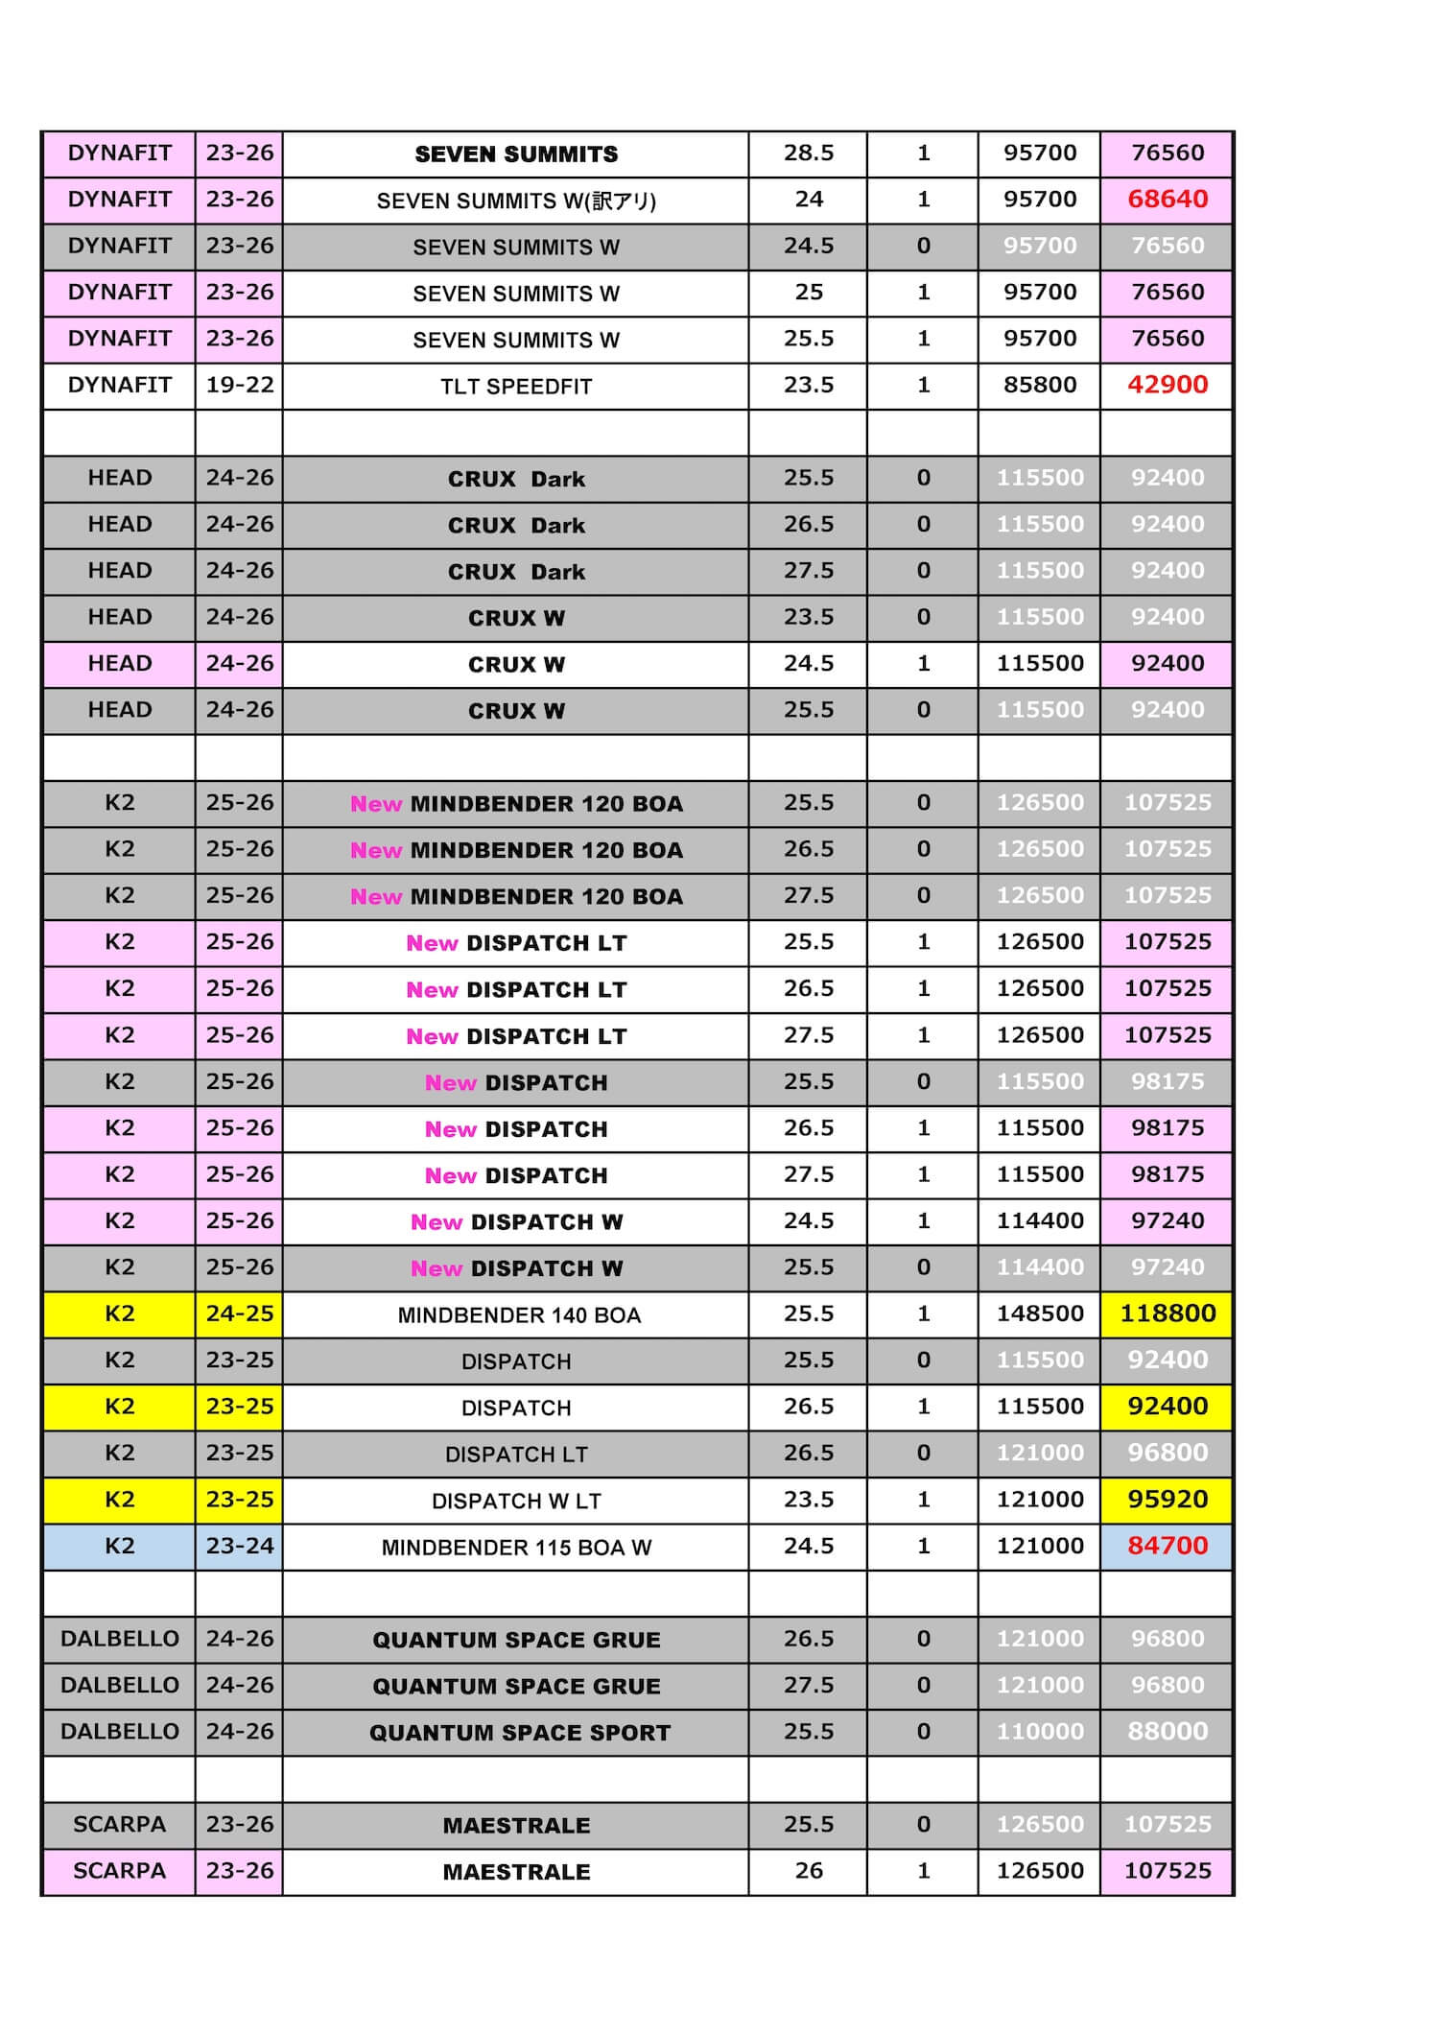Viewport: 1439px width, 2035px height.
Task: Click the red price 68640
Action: point(1167,200)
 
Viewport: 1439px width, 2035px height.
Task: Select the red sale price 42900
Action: point(1167,385)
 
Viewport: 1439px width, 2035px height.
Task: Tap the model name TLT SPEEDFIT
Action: point(516,387)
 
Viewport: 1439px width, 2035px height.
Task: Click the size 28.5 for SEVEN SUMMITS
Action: point(808,153)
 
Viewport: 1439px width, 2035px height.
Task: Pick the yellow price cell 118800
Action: point(1167,1313)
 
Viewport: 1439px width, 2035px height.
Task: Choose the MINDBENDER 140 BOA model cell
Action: point(518,1315)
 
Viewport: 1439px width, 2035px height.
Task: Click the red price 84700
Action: point(1167,1546)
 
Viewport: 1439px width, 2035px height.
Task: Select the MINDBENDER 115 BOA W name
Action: point(516,1548)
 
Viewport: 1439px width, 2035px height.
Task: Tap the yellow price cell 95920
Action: point(1167,1499)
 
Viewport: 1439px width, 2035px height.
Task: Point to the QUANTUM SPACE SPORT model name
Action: point(519,1733)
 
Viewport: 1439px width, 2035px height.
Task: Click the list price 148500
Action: point(1040,1313)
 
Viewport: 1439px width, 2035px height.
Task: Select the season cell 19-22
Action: point(239,385)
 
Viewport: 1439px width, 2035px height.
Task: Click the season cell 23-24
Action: point(239,1546)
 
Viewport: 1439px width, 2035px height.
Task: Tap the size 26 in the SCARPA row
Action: point(808,1870)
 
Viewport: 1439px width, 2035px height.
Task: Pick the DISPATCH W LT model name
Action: point(516,1501)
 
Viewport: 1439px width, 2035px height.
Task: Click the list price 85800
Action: point(1040,385)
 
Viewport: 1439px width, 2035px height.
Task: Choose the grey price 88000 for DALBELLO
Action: point(1167,1731)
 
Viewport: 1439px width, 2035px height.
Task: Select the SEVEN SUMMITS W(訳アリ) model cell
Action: point(516,201)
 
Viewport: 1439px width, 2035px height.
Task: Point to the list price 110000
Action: point(1040,1731)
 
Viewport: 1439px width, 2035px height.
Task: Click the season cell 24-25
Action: point(239,1313)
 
